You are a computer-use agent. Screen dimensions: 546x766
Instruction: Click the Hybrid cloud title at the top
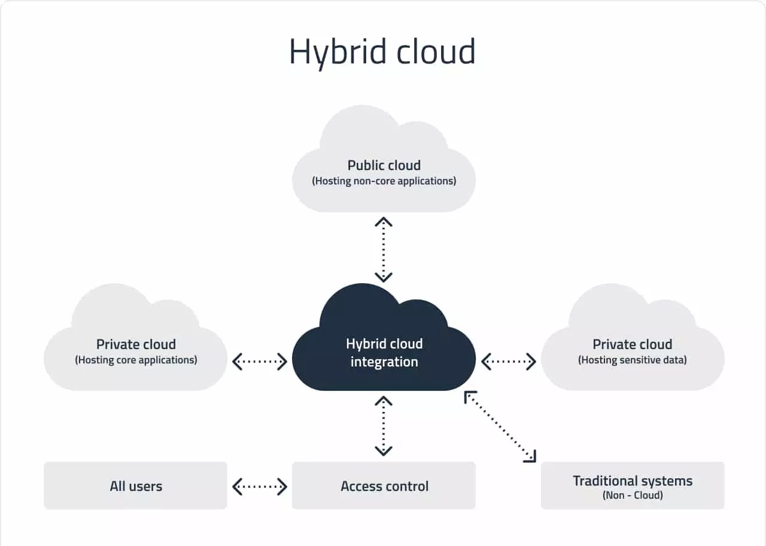tap(382, 52)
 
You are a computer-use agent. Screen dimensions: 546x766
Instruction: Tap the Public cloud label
tap(384, 165)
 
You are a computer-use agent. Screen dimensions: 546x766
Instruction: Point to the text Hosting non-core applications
tap(384, 181)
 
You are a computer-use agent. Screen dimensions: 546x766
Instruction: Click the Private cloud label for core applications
tap(136, 344)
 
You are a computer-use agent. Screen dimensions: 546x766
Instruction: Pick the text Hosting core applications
tap(136, 360)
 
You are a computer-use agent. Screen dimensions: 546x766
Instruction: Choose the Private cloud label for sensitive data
tap(632, 344)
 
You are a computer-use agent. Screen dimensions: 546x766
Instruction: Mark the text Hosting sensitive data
tap(632, 360)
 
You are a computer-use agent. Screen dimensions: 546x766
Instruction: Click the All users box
tap(136, 486)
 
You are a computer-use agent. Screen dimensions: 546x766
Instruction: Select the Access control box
tap(384, 486)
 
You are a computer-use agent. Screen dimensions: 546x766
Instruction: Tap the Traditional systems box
tap(632, 486)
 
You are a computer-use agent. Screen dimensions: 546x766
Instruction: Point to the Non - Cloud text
tap(632, 496)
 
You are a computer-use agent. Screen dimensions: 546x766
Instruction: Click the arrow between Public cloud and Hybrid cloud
tap(383, 249)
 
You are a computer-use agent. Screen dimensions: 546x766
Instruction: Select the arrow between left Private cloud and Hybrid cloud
tap(260, 361)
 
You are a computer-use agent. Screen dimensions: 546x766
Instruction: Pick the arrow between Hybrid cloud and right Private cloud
tap(508, 361)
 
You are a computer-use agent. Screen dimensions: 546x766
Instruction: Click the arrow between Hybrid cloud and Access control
tap(383, 426)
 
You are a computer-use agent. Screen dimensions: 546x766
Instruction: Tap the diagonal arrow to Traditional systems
tap(500, 426)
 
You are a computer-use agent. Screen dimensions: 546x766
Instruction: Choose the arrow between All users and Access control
tap(260, 486)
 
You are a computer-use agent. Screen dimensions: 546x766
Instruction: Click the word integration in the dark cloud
tap(384, 362)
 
